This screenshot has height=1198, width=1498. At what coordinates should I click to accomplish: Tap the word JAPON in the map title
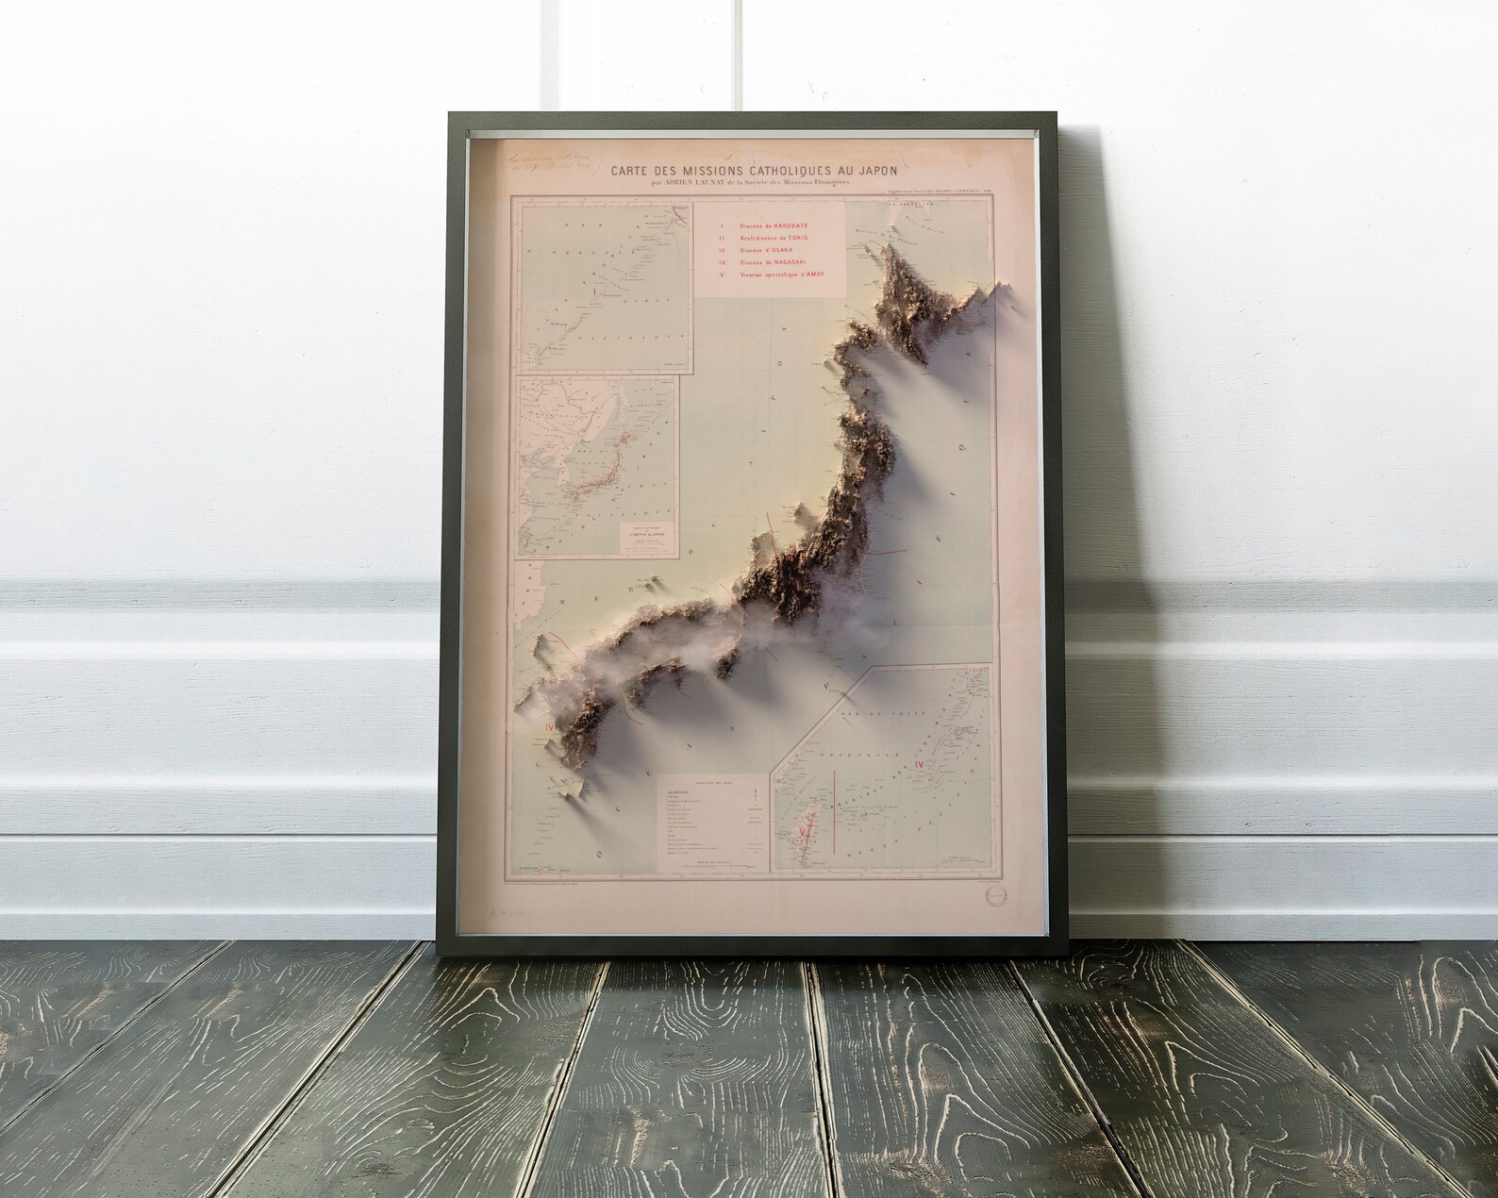click(872, 171)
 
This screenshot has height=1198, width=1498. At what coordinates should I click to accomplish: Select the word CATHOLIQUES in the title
click(791, 171)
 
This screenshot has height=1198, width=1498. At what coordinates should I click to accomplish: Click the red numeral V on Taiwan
click(802, 832)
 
